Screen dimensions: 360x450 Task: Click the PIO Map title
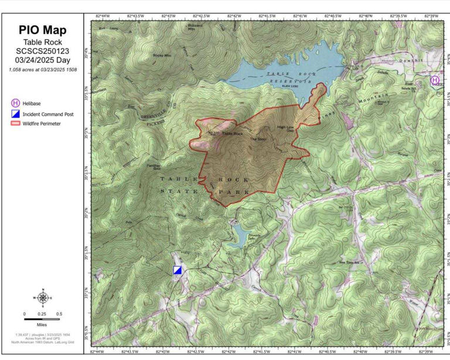42,30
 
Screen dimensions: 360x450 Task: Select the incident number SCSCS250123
42,51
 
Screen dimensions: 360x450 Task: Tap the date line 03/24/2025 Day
42,60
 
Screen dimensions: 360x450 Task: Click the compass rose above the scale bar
42,297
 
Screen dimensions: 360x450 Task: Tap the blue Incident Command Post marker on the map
178,270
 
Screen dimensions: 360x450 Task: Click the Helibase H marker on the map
435,80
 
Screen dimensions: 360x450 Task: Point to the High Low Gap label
285,127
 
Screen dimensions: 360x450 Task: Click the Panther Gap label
154,166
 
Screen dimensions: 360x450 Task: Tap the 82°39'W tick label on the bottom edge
431,351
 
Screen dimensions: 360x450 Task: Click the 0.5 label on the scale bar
59,314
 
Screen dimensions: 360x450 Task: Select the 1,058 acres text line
42,70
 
